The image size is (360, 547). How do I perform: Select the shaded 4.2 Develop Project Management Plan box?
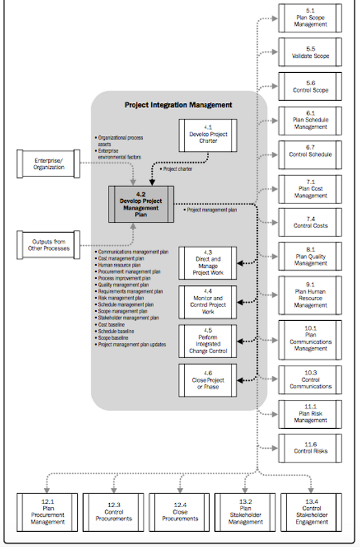[x=141, y=203]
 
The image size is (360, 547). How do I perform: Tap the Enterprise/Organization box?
[x=48, y=164]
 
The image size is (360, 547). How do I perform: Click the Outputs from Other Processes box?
[x=48, y=245]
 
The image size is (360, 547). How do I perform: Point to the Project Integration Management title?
[x=178, y=105]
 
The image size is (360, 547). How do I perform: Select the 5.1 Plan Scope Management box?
[x=310, y=19]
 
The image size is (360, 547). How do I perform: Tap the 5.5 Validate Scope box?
[x=310, y=52]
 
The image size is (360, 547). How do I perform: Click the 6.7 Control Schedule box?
[x=310, y=155]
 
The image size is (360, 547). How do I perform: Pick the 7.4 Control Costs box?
[x=310, y=223]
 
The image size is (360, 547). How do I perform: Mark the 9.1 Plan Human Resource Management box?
[x=310, y=295]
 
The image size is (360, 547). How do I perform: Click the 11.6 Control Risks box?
[x=310, y=448]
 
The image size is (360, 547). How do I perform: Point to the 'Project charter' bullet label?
[x=178, y=168]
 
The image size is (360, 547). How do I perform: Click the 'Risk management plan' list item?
[x=122, y=298]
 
